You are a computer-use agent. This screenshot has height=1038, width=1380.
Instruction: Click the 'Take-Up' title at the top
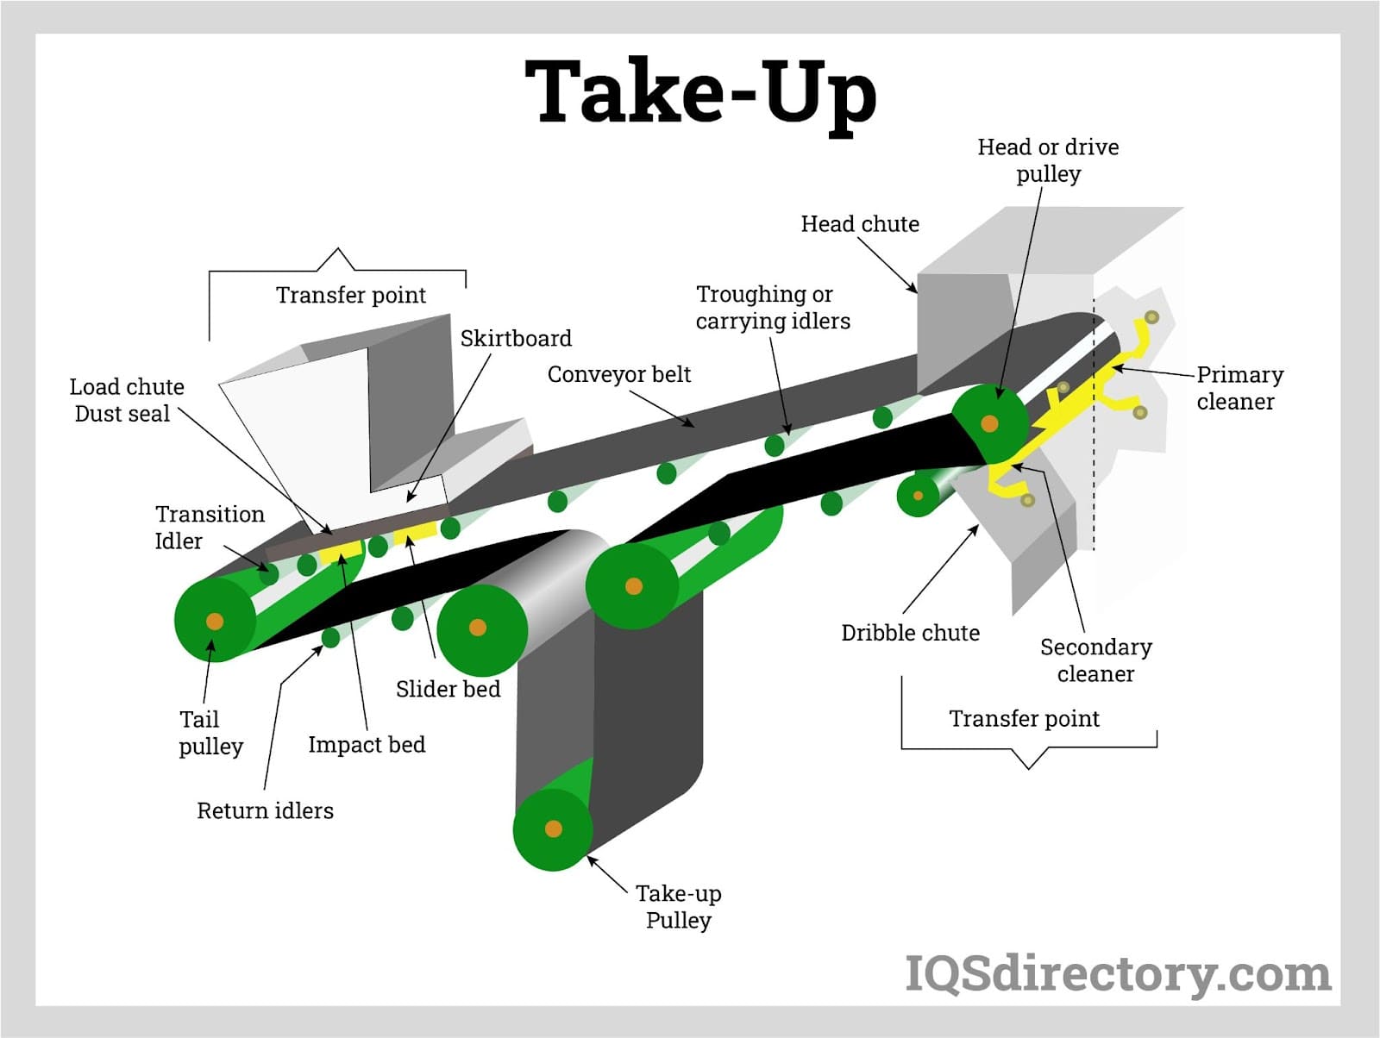[x=700, y=93]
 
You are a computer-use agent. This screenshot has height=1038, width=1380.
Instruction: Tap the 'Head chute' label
[x=859, y=224]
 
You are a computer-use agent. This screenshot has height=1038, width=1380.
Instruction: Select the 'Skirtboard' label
[x=516, y=338]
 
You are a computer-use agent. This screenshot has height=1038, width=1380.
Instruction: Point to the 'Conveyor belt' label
[x=619, y=374]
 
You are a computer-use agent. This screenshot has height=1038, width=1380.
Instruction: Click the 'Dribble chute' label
[x=910, y=633]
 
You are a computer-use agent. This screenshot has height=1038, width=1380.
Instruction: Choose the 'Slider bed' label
[x=448, y=689]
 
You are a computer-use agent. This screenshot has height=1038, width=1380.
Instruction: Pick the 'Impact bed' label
[x=367, y=744]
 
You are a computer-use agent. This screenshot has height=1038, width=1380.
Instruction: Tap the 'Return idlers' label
[x=265, y=810]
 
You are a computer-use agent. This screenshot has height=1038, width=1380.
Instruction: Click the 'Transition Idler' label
[x=209, y=527]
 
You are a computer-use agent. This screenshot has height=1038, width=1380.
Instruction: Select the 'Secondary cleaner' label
[x=1095, y=660]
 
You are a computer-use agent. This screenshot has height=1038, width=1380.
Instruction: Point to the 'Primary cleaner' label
[x=1239, y=387]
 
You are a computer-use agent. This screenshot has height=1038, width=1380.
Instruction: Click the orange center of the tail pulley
[x=215, y=621]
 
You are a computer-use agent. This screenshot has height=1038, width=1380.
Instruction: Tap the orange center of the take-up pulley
[x=554, y=829]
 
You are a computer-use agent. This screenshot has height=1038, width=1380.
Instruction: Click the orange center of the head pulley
[x=990, y=424]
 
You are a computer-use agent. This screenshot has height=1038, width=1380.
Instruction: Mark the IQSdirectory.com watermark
[x=1118, y=974]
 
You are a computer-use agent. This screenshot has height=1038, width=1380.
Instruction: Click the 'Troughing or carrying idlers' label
[x=772, y=307]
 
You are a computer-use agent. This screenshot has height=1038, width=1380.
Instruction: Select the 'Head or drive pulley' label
[x=1048, y=159]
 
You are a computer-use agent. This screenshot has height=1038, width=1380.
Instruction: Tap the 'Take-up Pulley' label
[x=679, y=906]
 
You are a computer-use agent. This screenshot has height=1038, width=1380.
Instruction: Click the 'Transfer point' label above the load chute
[x=350, y=295]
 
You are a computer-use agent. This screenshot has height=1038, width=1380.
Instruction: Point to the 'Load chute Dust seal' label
[x=126, y=400]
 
